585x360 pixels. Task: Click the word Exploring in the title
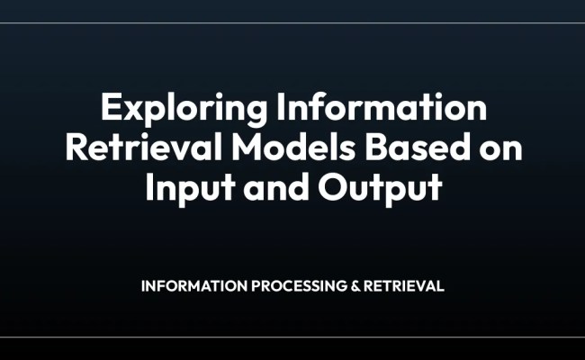coord(168,109)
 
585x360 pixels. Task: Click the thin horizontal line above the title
coord(292,23)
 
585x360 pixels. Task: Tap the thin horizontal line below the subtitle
coord(292,337)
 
